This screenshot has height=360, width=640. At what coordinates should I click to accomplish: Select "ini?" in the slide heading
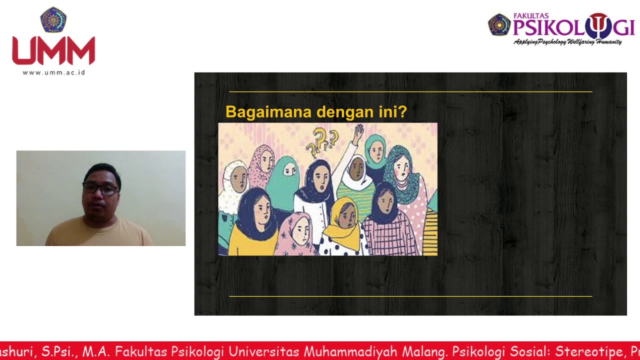(x=392, y=112)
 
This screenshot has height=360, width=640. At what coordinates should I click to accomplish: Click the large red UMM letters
(x=53, y=51)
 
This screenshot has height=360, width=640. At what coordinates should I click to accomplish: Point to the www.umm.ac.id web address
(x=53, y=72)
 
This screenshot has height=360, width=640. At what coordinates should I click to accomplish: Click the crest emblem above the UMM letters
(x=53, y=20)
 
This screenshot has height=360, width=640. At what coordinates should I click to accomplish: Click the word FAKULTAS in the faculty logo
(x=531, y=16)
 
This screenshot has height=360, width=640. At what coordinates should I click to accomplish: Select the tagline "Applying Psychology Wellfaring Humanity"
(x=567, y=42)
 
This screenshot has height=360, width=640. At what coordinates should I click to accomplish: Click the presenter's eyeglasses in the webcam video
(x=101, y=189)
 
